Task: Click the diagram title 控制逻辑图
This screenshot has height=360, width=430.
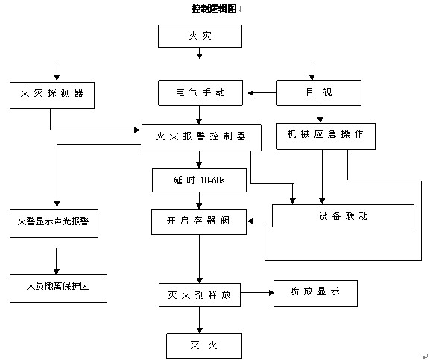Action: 214,9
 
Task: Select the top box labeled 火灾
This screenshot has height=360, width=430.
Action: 200,36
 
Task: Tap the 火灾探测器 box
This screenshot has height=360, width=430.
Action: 52,95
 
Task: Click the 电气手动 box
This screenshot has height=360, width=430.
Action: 200,93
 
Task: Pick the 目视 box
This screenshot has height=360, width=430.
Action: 319,93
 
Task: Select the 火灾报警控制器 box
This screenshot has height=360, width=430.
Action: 201,138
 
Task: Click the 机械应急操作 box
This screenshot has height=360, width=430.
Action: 326,136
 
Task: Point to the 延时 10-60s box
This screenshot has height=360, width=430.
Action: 200,180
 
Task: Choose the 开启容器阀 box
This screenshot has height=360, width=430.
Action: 199,222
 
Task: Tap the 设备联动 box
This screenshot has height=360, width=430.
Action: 343,216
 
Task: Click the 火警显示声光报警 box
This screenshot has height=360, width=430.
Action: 54,224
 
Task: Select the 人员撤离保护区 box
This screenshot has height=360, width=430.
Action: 58,288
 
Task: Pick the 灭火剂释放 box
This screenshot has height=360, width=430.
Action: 200,295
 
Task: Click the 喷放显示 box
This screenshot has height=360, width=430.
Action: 315,294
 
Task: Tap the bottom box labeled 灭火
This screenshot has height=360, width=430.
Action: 204,346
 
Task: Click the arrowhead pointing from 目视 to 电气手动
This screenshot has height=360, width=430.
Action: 250,93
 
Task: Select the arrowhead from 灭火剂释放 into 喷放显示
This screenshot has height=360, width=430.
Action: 271,293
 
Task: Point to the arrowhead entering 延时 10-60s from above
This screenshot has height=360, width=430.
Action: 200,165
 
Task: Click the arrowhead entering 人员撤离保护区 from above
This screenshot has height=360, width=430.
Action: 57,271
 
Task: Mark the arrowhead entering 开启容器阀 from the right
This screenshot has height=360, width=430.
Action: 250,221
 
